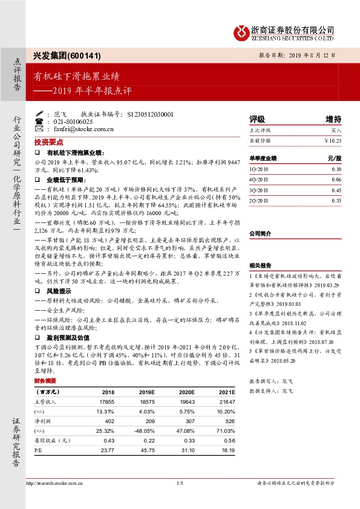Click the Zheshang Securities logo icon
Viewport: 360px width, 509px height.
coord(243,31)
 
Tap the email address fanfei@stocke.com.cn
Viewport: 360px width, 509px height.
coord(79,129)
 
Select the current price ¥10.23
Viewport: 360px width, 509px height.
coord(332,140)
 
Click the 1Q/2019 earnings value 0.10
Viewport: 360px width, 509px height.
coord(336,169)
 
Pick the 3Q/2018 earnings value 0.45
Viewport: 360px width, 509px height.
coord(336,190)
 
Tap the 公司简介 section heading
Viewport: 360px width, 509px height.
coord(261,233)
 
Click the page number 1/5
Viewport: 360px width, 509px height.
coord(179,484)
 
